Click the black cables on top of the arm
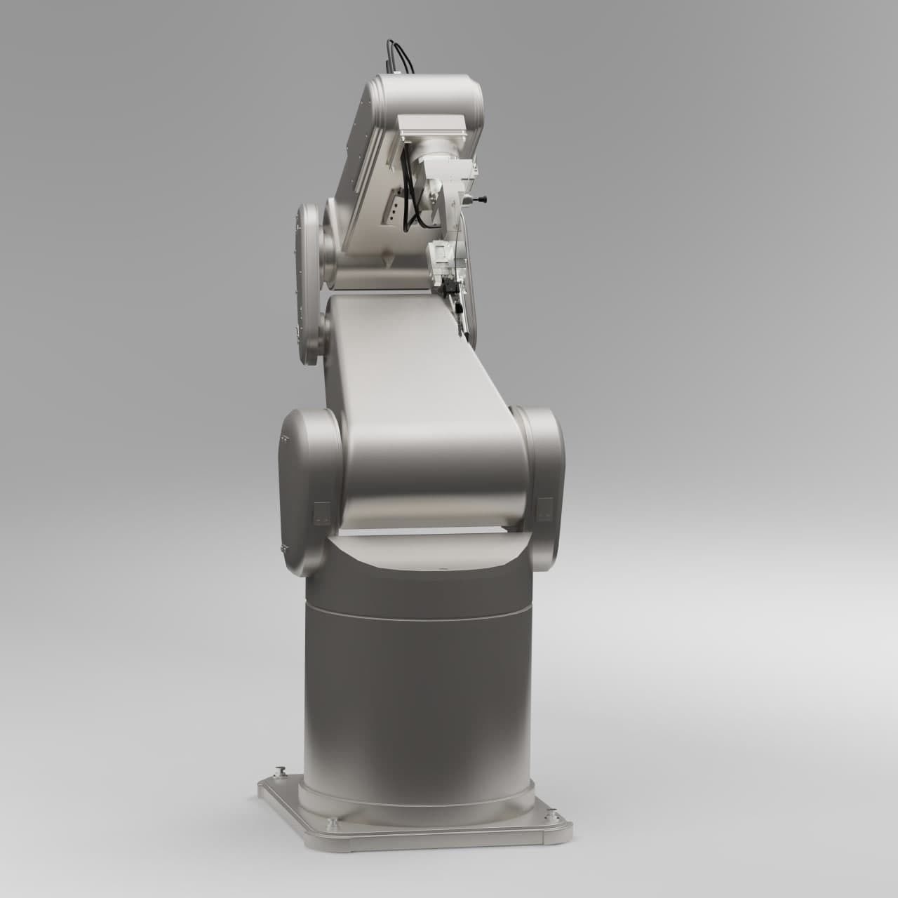[x=398, y=56]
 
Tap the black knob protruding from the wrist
[x=481, y=201]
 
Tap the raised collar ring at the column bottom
[x=414, y=800]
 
